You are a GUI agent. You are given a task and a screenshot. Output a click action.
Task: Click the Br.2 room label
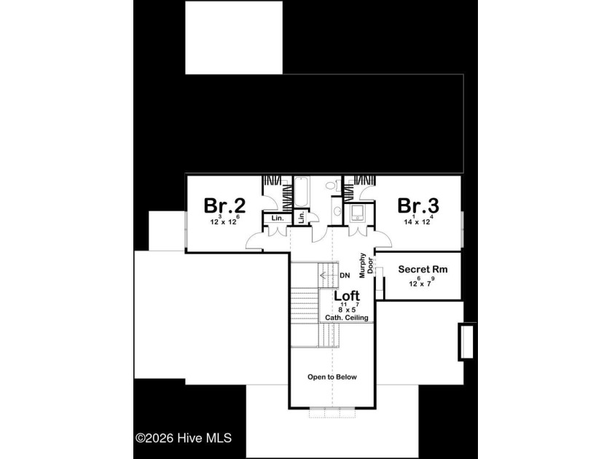(x=224, y=205)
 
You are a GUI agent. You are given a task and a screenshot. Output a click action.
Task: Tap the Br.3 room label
(x=418, y=205)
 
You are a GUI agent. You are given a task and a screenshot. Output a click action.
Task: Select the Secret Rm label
(x=423, y=270)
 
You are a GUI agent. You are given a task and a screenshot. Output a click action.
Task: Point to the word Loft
(x=347, y=296)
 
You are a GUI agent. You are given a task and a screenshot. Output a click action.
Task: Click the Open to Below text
(x=332, y=377)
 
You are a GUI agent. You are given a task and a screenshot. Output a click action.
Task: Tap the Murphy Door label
(x=366, y=265)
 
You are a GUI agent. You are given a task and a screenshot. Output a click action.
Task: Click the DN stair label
(x=345, y=275)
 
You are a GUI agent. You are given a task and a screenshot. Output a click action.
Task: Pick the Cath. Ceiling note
(x=347, y=318)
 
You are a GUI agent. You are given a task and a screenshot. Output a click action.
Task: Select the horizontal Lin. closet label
(x=278, y=218)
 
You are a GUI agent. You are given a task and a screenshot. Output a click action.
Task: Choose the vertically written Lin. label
(x=302, y=217)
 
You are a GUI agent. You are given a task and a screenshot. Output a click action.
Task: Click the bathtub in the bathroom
(x=301, y=192)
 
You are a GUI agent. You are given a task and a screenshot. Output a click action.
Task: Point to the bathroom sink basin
(x=337, y=211)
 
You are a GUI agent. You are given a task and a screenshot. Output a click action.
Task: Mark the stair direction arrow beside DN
(x=329, y=275)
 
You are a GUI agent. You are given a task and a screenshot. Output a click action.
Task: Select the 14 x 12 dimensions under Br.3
(x=418, y=221)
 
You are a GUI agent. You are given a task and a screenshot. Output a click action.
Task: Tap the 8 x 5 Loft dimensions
(x=347, y=307)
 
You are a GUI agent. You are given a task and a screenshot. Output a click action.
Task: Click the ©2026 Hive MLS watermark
(x=184, y=438)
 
